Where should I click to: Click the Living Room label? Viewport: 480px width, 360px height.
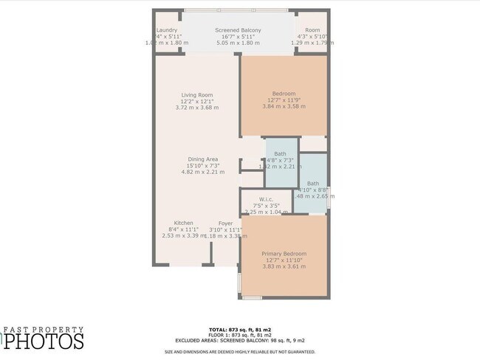(x=197, y=94)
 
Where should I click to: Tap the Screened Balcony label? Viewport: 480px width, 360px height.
(x=238, y=30)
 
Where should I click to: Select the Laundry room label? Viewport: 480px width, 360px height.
(x=167, y=30)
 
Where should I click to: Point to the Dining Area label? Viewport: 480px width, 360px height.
(x=202, y=159)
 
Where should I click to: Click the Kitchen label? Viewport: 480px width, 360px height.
(x=184, y=223)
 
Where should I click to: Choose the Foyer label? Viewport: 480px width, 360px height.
(x=225, y=223)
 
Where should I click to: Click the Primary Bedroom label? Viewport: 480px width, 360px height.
(x=284, y=254)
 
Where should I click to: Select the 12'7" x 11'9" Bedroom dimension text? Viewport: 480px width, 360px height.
(x=284, y=100)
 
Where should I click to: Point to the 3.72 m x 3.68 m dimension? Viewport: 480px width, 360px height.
(x=197, y=108)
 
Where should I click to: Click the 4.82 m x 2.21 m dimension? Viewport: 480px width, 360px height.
(x=202, y=172)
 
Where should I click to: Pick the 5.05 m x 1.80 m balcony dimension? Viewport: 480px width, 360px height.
(x=238, y=43)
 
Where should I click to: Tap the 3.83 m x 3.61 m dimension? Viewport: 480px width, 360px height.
(x=284, y=266)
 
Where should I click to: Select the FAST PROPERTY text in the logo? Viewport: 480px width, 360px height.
(x=44, y=330)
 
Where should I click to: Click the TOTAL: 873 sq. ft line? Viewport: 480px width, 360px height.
(x=240, y=329)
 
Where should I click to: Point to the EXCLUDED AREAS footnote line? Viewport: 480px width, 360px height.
(x=240, y=341)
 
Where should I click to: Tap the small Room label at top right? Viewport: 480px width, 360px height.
(x=312, y=30)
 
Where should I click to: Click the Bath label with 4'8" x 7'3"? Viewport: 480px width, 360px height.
(x=281, y=153)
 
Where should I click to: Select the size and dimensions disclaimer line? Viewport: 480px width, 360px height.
(x=240, y=352)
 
